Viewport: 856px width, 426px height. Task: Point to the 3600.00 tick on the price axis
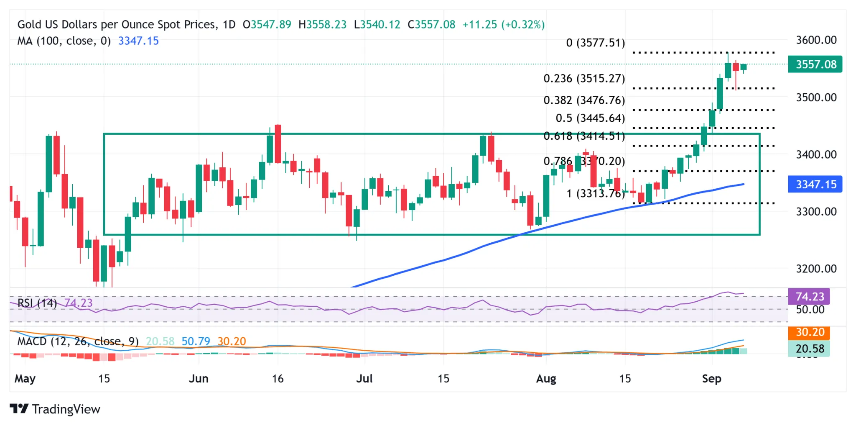click(816, 40)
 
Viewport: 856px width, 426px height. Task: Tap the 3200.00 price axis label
click(816, 269)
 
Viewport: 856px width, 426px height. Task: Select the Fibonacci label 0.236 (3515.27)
click(584, 79)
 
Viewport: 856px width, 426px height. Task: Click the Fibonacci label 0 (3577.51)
click(595, 43)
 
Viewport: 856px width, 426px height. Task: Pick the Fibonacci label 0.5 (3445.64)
click(590, 118)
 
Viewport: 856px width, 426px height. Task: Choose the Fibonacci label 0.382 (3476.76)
click(584, 100)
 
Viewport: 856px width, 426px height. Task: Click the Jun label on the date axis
click(199, 379)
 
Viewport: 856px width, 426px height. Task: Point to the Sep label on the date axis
click(711, 379)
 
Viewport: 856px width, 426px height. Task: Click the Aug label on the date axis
click(546, 379)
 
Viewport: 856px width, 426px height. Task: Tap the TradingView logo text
click(66, 409)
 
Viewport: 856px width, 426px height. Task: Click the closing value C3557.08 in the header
click(431, 25)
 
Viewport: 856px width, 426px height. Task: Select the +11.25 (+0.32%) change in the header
click(503, 25)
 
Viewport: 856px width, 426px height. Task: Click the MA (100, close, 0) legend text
click(64, 41)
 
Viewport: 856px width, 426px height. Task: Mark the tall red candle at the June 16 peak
click(278, 144)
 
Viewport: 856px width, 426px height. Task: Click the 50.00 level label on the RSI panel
click(810, 310)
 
